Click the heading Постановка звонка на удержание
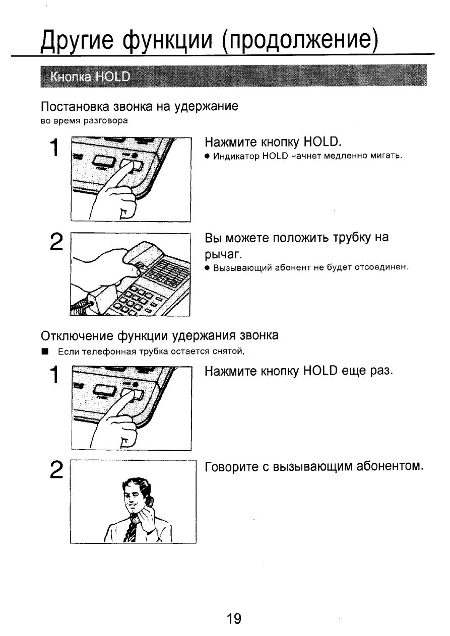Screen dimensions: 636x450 [139, 107]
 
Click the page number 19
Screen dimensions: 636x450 [234, 618]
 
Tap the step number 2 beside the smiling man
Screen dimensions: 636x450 [56, 470]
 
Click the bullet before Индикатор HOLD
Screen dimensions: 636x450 [207, 156]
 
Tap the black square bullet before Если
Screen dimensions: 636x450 [45, 351]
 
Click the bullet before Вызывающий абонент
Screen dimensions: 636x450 [207, 267]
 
